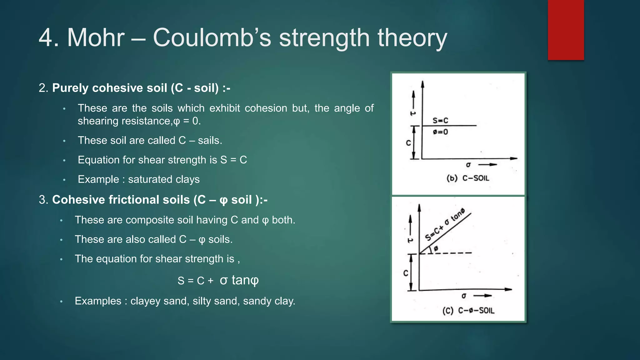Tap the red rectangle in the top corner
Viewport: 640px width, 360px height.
[x=566, y=30]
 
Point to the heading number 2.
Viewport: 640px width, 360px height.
[x=43, y=88]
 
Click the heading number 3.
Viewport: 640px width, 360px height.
[x=43, y=200]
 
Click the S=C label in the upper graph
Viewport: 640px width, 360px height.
[x=440, y=121]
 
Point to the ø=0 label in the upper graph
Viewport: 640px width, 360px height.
[x=440, y=132]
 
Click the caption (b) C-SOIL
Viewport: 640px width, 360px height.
[x=467, y=178]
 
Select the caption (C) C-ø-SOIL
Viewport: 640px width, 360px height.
[x=468, y=311]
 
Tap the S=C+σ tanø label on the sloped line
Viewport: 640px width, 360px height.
[x=445, y=225]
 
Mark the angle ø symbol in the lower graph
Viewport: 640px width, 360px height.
[x=436, y=248]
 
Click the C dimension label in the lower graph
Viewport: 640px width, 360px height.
[x=406, y=273]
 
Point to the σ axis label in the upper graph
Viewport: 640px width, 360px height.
[x=468, y=165]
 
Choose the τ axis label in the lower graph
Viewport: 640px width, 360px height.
[x=410, y=240]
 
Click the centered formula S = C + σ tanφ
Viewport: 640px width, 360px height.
[x=218, y=280]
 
